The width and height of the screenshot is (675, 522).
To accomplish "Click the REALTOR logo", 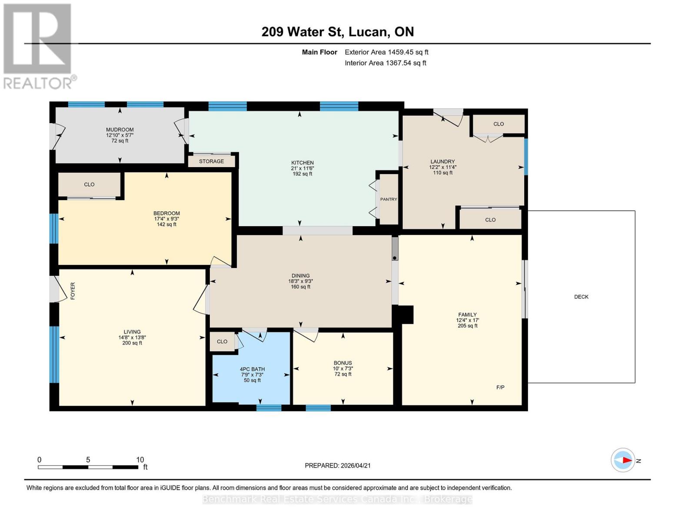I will (38, 46).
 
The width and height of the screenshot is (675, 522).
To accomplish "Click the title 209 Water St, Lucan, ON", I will (337, 32).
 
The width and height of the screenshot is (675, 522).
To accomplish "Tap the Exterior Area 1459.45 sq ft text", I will (386, 52).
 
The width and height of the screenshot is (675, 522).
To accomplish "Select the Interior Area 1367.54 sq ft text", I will (385, 63).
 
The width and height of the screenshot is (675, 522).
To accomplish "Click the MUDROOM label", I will (120, 130).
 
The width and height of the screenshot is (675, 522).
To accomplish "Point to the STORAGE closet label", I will (211, 161).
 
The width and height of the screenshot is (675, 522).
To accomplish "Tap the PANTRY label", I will (389, 199).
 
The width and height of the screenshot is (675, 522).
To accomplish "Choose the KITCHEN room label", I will (302, 163).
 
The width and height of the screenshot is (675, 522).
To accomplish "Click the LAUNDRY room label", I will (442, 161).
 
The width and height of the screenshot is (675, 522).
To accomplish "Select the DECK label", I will (581, 297).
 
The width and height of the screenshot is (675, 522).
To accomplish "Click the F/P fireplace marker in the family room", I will (500, 387).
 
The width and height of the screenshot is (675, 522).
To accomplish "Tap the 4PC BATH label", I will (252, 369).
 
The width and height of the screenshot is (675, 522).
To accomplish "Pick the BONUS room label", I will (342, 363).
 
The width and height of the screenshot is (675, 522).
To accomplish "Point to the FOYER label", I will (73, 291).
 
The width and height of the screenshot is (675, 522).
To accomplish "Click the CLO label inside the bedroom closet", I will (89, 184).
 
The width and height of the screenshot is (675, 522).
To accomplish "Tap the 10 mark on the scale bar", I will (140, 460).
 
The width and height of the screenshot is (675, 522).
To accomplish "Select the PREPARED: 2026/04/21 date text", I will (337, 465).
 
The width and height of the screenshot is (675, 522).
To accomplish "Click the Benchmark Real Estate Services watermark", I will (337, 499).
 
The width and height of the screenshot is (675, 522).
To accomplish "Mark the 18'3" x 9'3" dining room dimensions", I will (300, 281).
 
